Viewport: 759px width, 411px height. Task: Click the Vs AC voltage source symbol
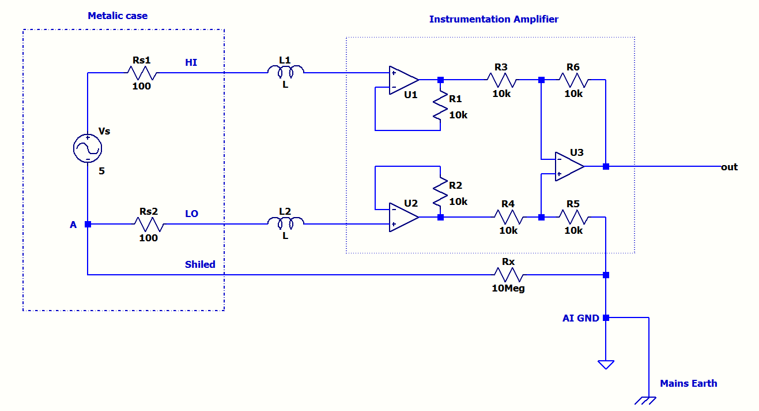88,149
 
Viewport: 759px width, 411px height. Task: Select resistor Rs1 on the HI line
142,73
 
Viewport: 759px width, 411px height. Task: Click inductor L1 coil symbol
285,72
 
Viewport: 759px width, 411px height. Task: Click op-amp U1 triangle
403,80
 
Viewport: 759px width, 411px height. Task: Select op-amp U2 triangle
403,217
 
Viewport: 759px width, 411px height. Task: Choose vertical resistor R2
440,190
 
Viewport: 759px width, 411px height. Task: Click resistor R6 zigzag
573,80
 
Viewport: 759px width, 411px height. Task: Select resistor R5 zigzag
573,217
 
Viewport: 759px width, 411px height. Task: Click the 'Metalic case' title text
118,16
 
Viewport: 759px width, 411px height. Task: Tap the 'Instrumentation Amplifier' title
493,19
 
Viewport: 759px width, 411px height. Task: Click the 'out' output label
729,167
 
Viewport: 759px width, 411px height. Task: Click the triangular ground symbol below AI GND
606,364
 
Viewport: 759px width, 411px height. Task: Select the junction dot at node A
88,224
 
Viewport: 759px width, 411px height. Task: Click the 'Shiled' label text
200,264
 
